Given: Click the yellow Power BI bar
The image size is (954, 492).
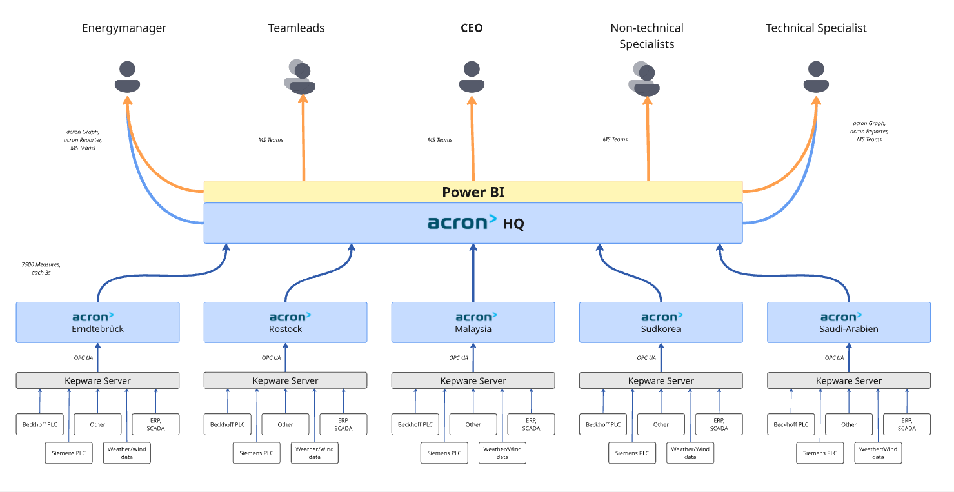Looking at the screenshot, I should (473, 192).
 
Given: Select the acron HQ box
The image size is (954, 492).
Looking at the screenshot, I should (473, 223).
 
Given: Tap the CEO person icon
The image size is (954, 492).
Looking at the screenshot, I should (472, 77).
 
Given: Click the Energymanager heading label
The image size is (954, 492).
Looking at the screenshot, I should (124, 28).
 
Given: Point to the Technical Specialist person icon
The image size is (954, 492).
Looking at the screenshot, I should (816, 77).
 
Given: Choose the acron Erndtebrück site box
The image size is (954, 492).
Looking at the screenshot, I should (97, 322).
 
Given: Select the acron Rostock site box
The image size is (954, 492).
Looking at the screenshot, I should (285, 322).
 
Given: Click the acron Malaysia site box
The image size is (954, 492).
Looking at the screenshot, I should (473, 322).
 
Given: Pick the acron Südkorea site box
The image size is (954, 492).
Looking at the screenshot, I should (661, 322).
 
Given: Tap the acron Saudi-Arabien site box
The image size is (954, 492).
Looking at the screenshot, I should (848, 322).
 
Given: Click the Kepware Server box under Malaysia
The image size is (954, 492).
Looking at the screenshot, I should (473, 380).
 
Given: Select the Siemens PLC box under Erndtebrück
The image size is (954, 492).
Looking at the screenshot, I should (68, 453).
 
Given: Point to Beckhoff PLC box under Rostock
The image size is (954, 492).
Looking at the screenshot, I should (228, 424).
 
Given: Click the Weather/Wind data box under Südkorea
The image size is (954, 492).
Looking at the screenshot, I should (690, 453).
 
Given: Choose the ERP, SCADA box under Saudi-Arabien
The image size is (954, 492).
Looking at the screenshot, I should (906, 424).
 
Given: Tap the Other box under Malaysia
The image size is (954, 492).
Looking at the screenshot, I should (473, 424).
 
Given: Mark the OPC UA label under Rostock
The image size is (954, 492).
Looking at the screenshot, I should (271, 358).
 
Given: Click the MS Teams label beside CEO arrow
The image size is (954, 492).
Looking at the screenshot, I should (440, 140).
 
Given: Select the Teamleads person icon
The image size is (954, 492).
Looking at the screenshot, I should (300, 77).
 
